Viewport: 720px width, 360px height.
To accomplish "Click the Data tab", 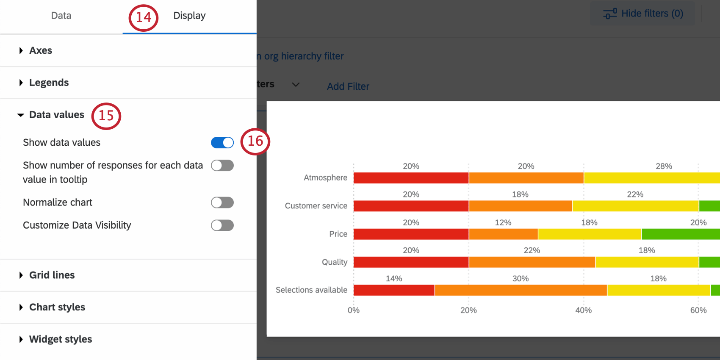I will point(61,16).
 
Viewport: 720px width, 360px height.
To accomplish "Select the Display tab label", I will point(189,16).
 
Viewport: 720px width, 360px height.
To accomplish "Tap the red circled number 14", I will point(143,17).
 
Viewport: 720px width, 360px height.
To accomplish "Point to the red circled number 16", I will point(255,141).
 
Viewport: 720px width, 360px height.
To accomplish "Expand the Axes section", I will point(41,50).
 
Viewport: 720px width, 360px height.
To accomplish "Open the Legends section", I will point(49,83).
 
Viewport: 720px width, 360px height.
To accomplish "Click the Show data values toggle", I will point(222,143).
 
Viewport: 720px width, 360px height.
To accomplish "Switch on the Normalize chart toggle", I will point(222,202).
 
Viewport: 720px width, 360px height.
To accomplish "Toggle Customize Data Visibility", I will point(222,225).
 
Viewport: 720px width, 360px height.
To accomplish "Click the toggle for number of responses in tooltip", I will point(222,166).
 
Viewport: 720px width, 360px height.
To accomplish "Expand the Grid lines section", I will point(52,275).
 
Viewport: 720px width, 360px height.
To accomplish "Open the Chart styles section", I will point(57,307).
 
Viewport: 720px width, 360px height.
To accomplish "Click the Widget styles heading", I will point(60,339).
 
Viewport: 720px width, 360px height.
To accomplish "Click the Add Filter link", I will point(348,86).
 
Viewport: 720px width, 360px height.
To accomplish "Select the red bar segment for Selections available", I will point(394,290).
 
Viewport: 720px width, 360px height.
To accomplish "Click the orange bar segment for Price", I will point(503,234).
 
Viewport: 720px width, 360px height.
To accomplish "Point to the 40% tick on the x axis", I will point(583,310).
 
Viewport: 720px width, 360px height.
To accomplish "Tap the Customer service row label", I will point(316,206).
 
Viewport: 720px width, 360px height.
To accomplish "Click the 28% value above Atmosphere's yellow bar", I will point(664,166).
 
